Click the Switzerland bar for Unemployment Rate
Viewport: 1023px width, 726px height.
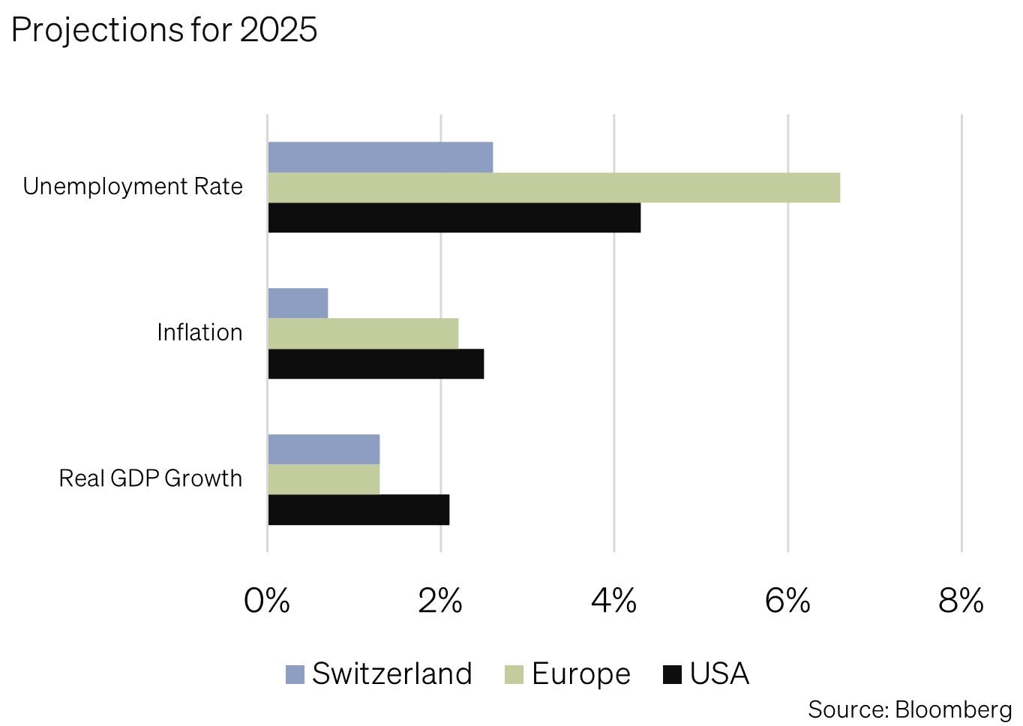pos(380,157)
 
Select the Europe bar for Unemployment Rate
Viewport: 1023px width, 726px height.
pos(553,187)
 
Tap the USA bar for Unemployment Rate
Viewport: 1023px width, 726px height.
pos(454,217)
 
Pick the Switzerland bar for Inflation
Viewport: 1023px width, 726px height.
pos(298,303)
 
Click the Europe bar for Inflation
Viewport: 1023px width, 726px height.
pos(363,334)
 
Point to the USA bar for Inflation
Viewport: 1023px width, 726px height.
pos(376,364)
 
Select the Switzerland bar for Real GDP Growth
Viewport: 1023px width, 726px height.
pos(323,449)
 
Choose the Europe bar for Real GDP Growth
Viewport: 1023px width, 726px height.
pos(323,479)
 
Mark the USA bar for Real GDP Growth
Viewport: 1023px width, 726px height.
pos(358,510)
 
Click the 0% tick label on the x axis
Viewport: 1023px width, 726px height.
pos(267,601)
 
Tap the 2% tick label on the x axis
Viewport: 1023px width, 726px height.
pos(440,601)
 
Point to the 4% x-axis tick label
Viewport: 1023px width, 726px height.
pos(613,601)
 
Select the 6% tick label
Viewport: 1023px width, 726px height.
pos(787,601)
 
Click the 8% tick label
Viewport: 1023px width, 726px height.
pos(961,601)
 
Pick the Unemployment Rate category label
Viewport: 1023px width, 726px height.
pos(133,187)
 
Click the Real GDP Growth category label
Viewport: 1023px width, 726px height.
pos(150,478)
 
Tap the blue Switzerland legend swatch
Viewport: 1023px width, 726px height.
pos(295,674)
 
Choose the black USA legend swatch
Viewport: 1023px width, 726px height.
pos(673,674)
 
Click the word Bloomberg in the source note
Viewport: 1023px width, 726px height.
pos(953,709)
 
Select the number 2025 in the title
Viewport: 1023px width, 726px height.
pos(278,30)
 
